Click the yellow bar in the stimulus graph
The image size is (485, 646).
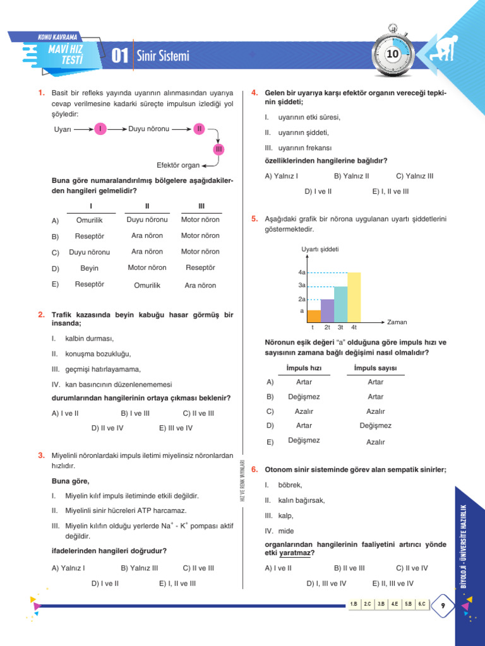(x=354, y=298)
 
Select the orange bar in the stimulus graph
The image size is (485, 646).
(x=314, y=317)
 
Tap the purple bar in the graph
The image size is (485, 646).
(x=327, y=311)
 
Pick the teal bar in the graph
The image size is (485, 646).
(x=340, y=305)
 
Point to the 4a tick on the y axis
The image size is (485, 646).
(x=302, y=273)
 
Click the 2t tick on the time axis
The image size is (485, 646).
(x=327, y=327)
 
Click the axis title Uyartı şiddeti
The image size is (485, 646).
(x=320, y=249)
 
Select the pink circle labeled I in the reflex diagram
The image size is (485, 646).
(x=100, y=129)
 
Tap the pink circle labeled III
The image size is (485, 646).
(x=219, y=149)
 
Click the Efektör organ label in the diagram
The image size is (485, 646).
(x=179, y=165)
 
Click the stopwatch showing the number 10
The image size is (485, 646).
(x=392, y=55)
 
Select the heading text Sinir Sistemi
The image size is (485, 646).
(x=163, y=57)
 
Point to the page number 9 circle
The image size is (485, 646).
(x=444, y=606)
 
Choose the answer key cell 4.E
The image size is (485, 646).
(x=394, y=604)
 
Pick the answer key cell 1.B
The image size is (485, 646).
(x=354, y=604)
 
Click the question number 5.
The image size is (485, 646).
(x=254, y=220)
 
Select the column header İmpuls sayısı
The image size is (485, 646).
(x=376, y=368)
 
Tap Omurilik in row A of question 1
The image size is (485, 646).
(x=89, y=220)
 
